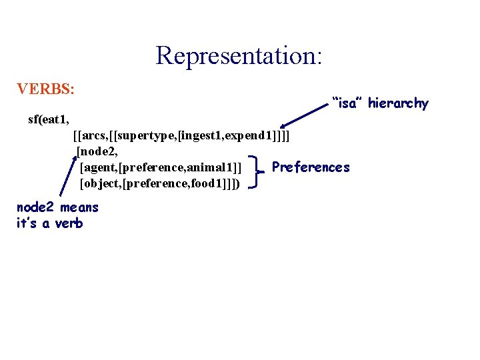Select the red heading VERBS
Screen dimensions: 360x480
(x=46, y=89)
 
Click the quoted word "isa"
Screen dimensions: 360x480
(x=347, y=103)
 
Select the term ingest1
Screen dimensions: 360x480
(x=203, y=136)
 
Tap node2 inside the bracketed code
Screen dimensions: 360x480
(x=98, y=151)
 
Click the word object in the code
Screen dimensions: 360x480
(x=101, y=182)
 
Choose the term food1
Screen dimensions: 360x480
(x=209, y=182)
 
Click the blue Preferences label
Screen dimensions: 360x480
(x=311, y=167)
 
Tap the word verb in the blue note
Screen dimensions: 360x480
(x=69, y=223)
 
